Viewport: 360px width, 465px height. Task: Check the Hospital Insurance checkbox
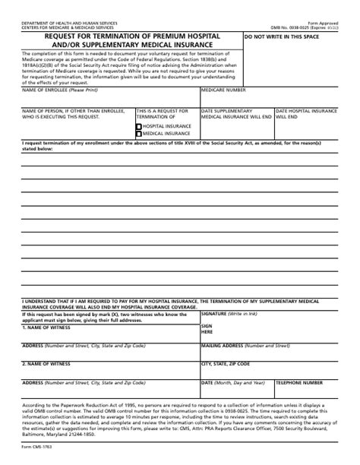(x=138, y=125)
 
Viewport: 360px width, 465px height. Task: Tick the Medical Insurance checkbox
(x=138, y=134)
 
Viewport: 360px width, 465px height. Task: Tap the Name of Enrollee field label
(x=56, y=90)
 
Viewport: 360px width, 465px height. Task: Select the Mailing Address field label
(x=226, y=345)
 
